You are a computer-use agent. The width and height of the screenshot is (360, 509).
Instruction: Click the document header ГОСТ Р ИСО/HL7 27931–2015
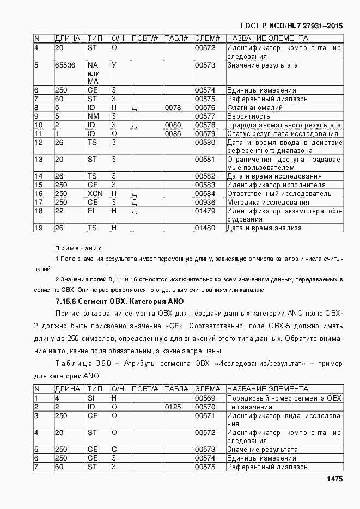291,26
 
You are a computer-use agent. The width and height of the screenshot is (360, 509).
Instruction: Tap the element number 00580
205,143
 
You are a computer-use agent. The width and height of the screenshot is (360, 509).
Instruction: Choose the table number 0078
173,108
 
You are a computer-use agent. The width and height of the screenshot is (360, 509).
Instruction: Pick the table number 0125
173,407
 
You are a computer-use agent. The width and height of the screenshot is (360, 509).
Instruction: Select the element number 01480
205,228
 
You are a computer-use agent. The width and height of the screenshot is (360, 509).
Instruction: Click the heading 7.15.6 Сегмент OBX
120,301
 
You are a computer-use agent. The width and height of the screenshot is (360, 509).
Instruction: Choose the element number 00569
205,398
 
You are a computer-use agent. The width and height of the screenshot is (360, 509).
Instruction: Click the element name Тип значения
249,407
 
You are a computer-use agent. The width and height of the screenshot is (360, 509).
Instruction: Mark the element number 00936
205,202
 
